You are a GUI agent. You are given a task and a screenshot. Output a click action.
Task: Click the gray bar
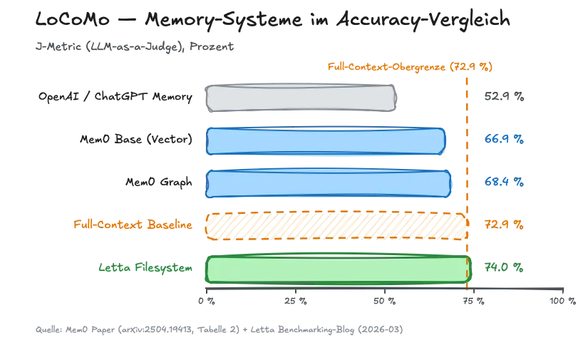300,98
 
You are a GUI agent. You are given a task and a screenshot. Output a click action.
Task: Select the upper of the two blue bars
325,140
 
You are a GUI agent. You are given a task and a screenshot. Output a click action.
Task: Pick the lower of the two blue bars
329,182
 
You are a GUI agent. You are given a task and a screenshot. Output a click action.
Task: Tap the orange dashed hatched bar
336,225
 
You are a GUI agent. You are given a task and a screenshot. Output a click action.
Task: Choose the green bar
338,269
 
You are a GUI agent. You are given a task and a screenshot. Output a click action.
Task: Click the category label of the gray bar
114,98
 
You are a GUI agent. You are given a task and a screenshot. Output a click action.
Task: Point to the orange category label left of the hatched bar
134,225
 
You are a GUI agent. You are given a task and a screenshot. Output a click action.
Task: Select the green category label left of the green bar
145,269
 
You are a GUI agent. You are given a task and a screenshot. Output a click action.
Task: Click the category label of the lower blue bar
158,182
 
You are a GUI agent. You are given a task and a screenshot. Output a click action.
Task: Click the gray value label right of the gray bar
504,98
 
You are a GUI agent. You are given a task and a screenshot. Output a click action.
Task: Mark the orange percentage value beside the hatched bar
504,225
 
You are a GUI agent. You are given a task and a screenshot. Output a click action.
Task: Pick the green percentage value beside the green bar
504,269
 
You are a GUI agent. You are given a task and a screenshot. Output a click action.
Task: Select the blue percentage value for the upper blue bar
504,140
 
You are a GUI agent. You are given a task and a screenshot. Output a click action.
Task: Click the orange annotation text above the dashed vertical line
411,67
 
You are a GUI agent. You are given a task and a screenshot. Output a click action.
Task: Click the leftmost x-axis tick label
207,304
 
